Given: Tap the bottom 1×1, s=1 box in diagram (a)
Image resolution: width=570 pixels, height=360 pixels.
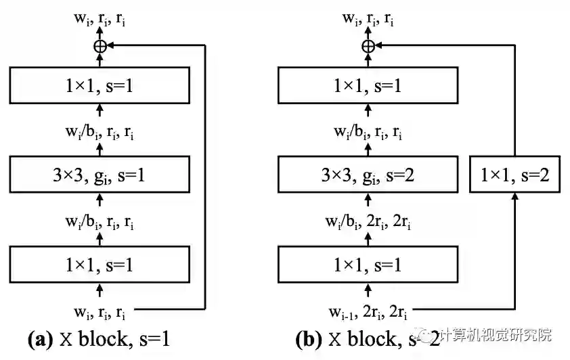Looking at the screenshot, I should pyautogui.click(x=100, y=265).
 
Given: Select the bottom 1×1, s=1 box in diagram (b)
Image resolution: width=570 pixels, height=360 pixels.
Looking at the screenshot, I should pyautogui.click(x=368, y=265).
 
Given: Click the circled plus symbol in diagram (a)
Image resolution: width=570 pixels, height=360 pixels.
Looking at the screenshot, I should pyautogui.click(x=100, y=46).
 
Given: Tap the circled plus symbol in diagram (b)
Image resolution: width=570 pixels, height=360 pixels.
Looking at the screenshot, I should pyautogui.click(x=368, y=46).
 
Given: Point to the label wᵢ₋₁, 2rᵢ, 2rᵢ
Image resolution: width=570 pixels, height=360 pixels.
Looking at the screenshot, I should pyautogui.click(x=369, y=312).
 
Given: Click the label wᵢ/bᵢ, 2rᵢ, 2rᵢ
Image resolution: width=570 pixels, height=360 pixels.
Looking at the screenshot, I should pyautogui.click(x=369, y=221).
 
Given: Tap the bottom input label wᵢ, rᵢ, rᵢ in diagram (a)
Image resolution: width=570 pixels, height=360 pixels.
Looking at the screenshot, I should pyautogui.click(x=100, y=312).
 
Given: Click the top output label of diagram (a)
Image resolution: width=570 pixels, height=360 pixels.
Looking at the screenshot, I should pyautogui.click(x=100, y=19).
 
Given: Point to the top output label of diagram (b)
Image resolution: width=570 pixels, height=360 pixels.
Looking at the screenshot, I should pyautogui.click(x=369, y=19).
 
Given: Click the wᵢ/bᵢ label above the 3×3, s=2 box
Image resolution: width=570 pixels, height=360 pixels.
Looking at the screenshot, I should pyautogui.click(x=369, y=132).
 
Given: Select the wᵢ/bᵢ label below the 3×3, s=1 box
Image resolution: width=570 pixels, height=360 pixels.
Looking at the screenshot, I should pyautogui.click(x=100, y=221).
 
